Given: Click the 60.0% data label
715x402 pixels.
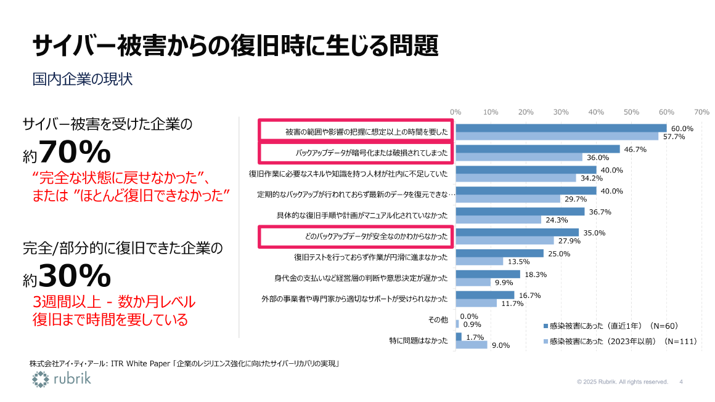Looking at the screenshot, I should (x=682, y=129).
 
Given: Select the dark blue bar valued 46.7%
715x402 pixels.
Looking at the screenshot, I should (x=537, y=149).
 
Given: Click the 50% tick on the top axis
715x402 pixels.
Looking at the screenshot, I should (x=631, y=112).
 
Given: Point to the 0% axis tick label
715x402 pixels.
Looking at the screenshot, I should (x=456, y=112).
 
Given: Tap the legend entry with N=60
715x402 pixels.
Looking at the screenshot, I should (x=614, y=326).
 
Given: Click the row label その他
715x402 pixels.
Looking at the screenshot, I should (x=438, y=320).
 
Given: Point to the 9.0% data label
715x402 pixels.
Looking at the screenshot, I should (x=501, y=345).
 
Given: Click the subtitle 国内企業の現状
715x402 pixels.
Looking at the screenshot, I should (x=83, y=79).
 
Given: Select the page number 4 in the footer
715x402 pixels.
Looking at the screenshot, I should (x=681, y=382).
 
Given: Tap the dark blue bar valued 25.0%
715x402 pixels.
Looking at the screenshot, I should (x=499, y=253).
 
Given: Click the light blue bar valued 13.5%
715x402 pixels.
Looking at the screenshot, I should (x=480, y=261).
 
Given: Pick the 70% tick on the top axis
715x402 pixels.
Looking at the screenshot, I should (x=701, y=112).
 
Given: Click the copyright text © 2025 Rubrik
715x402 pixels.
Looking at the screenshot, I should (x=623, y=382).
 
